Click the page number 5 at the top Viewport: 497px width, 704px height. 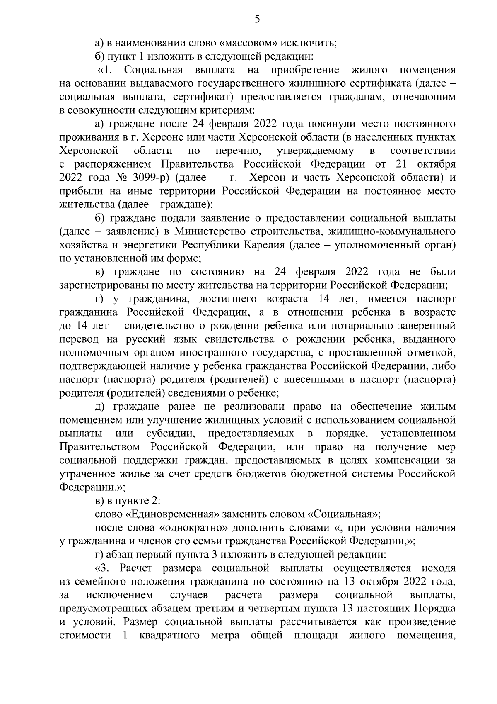point(257,19)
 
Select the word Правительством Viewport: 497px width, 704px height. point(99,447)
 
